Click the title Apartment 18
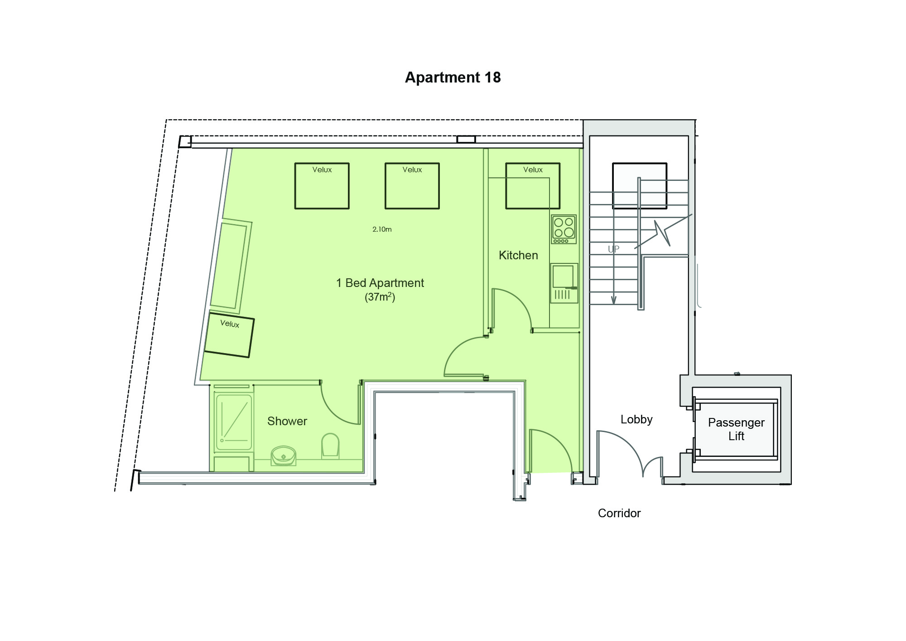(453, 78)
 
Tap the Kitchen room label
(518, 255)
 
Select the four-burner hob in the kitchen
(564, 229)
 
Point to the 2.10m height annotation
(382, 229)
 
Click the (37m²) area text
(380, 297)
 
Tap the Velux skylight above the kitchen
(532, 186)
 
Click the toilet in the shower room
(330, 446)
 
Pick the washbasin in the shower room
(284, 454)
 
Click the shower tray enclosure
(234, 422)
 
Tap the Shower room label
(287, 421)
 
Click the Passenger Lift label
(736, 429)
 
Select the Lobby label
(636, 419)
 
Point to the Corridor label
(619, 513)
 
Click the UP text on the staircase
(613, 249)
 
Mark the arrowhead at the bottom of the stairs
(614, 300)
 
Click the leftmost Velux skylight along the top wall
(322, 186)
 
